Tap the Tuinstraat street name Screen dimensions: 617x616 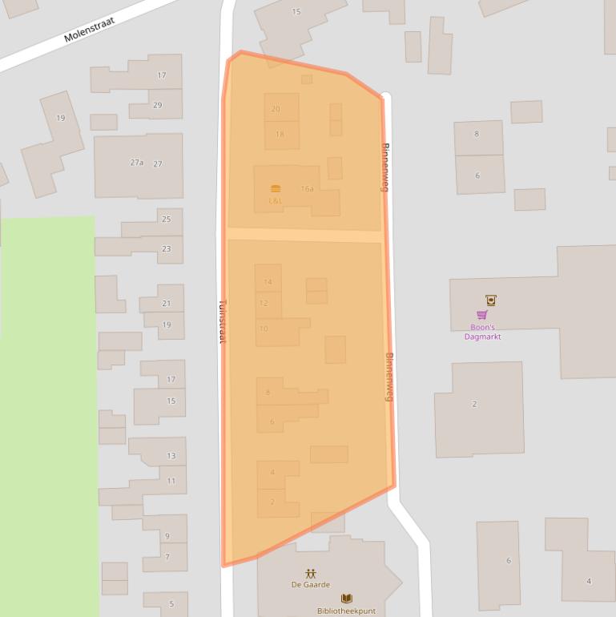(223, 321)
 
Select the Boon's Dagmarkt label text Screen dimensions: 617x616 (482, 332)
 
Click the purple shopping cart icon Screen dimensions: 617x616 (482, 315)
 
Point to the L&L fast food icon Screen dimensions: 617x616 (276, 189)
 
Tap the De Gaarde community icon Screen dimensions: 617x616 (311, 574)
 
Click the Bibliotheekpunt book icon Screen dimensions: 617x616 (347, 599)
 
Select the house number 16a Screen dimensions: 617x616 (308, 189)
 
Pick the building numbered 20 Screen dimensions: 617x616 (276, 109)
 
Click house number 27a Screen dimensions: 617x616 (137, 163)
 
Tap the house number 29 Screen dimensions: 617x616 (157, 105)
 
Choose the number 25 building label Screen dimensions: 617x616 (167, 219)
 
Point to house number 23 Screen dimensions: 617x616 (167, 248)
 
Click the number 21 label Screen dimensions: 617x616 (167, 303)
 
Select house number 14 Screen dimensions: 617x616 (268, 282)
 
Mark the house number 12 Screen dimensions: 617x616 (264, 304)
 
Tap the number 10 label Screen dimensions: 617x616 (264, 329)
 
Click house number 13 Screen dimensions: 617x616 (171, 455)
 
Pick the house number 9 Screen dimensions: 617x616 (167, 536)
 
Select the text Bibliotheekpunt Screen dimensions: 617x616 (346, 611)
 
